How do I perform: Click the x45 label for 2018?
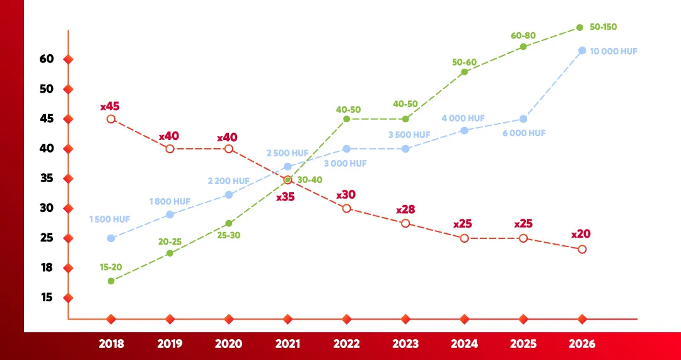tap(110, 107)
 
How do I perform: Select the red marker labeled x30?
tap(347, 208)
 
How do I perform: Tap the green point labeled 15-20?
tap(111, 281)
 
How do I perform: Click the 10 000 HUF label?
tap(614, 51)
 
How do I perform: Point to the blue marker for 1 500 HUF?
tap(111, 238)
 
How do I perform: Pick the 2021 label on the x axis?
tap(288, 344)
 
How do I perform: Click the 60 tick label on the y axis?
tap(46, 59)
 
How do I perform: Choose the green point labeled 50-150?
tap(580, 28)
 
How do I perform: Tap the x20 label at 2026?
tap(581, 234)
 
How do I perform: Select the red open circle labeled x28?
tap(405, 223)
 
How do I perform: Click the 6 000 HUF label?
tap(524, 133)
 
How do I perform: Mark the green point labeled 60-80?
tap(523, 47)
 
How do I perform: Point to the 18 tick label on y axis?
tap(46, 267)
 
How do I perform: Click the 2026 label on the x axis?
tap(581, 344)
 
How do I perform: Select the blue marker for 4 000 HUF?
tap(465, 131)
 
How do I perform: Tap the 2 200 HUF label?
tap(229, 181)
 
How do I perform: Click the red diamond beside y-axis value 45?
tap(68, 119)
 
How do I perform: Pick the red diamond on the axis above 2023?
tap(405, 319)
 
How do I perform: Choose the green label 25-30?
tap(228, 235)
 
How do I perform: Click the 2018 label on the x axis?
tap(111, 344)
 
